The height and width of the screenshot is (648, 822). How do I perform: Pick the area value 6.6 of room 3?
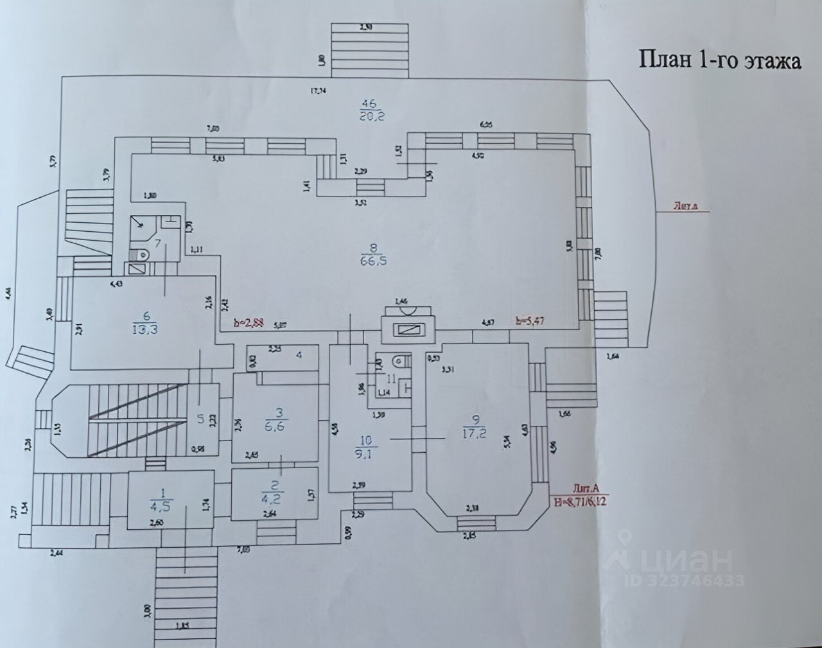[281, 427]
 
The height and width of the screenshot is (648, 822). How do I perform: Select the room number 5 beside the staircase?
[201, 419]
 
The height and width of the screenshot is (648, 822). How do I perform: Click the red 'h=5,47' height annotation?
[530, 320]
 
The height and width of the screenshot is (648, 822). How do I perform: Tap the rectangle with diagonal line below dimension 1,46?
[409, 330]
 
